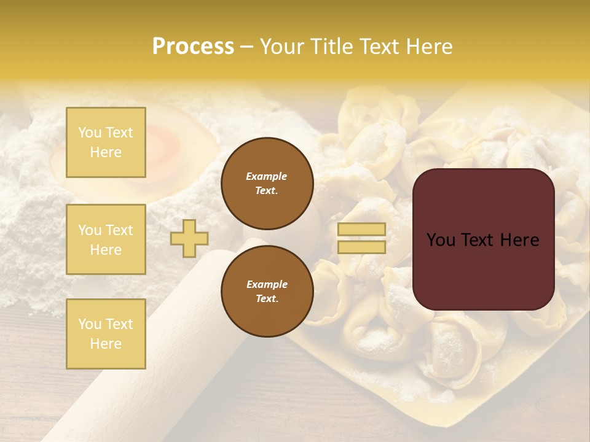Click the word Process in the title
point(193,47)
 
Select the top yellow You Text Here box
point(106,142)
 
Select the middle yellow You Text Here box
point(106,239)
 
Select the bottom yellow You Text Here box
point(106,333)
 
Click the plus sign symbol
point(189,238)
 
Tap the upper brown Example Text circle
point(267,184)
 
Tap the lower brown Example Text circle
point(267,292)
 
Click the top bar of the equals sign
point(361,230)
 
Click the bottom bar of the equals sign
point(361,247)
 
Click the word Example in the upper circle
point(266,176)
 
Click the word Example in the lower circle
point(266,284)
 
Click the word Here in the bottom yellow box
point(106,344)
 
